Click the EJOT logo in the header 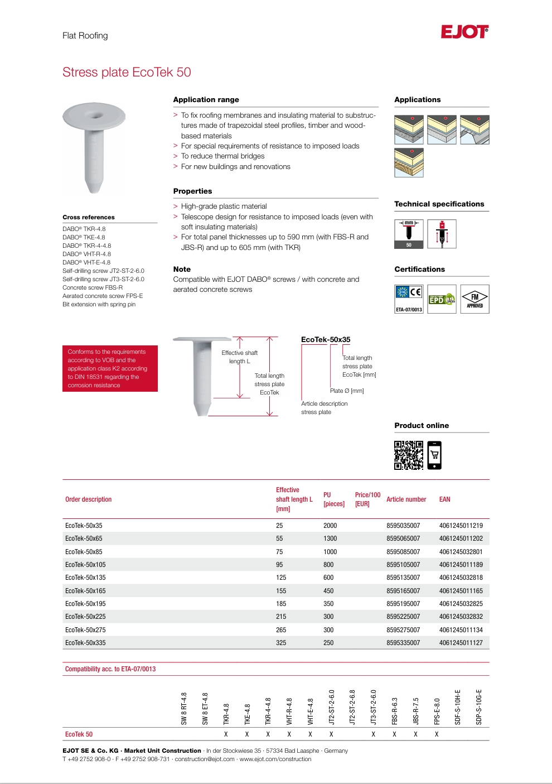click(x=464, y=32)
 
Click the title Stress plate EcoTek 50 click(x=127, y=73)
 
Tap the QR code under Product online click(x=409, y=455)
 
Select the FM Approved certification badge click(x=475, y=299)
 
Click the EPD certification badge click(x=442, y=299)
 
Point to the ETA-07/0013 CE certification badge click(x=409, y=299)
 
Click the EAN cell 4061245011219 click(x=461, y=526)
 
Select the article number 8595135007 click(x=403, y=578)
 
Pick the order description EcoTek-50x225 click(x=85, y=617)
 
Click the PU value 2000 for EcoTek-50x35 click(x=330, y=526)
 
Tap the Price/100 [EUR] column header click(x=367, y=499)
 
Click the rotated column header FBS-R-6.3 click(x=395, y=711)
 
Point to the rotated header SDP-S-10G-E click(x=479, y=707)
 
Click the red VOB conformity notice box click(x=110, y=368)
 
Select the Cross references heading click(x=89, y=217)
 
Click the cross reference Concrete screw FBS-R click(x=93, y=287)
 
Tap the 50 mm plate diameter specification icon click(x=409, y=234)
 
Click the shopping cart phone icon click(x=434, y=455)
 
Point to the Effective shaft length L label click(x=240, y=357)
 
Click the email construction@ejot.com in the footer click(x=205, y=759)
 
